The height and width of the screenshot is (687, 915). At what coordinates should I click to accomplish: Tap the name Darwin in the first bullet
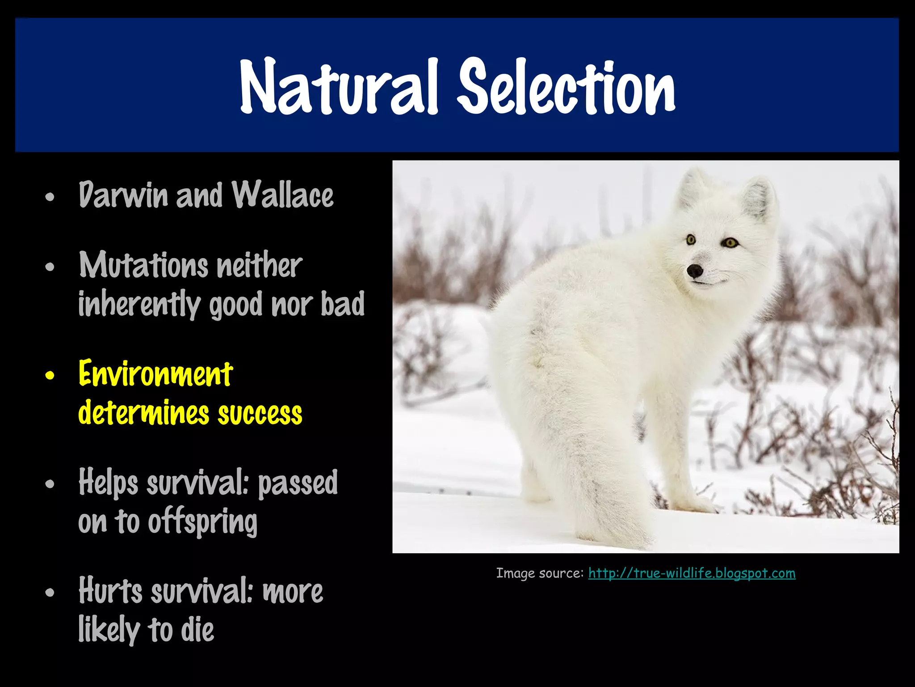pos(123,195)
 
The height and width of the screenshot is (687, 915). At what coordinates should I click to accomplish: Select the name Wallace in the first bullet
pos(282,195)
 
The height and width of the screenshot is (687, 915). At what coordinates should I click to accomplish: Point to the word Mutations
pos(143,265)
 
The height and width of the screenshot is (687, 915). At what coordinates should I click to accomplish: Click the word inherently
pos(139,305)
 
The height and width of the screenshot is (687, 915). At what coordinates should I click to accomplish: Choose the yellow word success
pos(260,413)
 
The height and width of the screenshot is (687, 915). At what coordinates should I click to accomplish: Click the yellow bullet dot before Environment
pos(50,376)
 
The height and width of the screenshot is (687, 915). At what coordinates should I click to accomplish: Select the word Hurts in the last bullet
pos(110,591)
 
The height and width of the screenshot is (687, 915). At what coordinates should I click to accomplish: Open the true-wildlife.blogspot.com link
pos(692,573)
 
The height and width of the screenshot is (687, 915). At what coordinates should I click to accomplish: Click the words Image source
pos(540,573)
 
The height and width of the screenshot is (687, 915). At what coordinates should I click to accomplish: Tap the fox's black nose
pos(695,270)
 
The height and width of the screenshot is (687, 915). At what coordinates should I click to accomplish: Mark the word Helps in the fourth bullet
pos(109,483)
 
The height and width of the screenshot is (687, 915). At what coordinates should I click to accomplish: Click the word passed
pos(298,483)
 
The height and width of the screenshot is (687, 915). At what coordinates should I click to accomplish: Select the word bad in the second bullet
pos(343,304)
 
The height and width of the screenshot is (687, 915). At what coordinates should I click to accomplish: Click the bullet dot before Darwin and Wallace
pos(50,197)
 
